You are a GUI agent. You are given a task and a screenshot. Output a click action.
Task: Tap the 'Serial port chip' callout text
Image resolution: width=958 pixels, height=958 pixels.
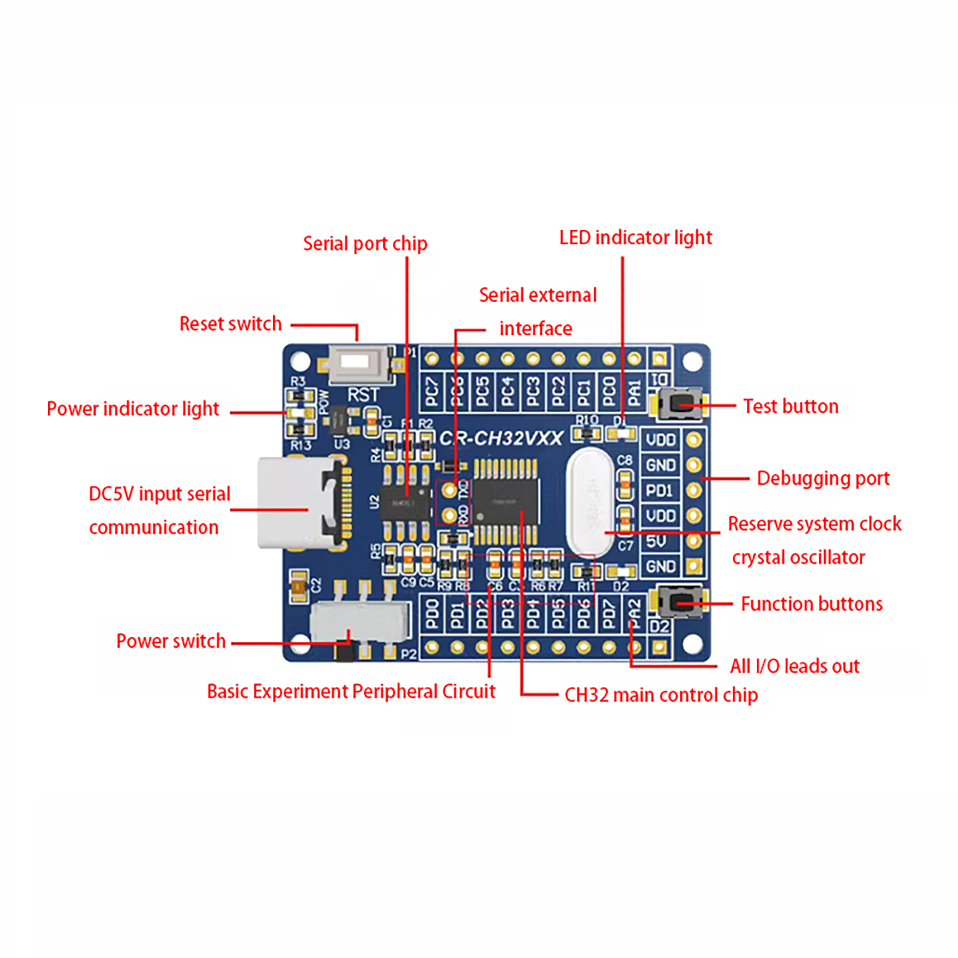pyautogui.click(x=365, y=244)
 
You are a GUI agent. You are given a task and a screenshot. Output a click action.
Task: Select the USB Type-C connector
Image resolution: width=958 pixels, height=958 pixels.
pyautogui.click(x=299, y=503)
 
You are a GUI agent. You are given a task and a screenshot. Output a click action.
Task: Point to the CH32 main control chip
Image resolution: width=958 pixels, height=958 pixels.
pyautogui.click(x=505, y=502)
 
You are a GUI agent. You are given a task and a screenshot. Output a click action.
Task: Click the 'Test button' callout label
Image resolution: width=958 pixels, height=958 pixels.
pyautogui.click(x=790, y=407)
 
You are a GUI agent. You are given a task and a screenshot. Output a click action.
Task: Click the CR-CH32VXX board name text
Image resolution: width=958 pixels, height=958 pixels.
pyautogui.click(x=501, y=438)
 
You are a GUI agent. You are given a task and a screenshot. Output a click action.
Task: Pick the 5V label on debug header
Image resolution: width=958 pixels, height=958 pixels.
pyautogui.click(x=657, y=541)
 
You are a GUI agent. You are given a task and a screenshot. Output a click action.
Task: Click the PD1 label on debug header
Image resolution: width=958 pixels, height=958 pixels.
pyautogui.click(x=659, y=490)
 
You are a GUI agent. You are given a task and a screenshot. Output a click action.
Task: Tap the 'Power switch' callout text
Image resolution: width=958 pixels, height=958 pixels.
pyautogui.click(x=171, y=641)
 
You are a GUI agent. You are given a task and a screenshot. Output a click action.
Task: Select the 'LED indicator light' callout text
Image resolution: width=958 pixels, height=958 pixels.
pyautogui.click(x=635, y=238)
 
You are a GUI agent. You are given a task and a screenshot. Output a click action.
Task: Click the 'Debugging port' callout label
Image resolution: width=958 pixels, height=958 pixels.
pyautogui.click(x=823, y=478)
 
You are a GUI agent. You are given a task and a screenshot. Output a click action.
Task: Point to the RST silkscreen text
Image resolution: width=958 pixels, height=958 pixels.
pyautogui.click(x=363, y=395)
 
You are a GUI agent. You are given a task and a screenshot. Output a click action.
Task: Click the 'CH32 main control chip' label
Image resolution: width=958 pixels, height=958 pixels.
pyautogui.click(x=660, y=695)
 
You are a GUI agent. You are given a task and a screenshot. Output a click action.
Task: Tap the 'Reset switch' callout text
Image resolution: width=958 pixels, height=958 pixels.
pyautogui.click(x=231, y=324)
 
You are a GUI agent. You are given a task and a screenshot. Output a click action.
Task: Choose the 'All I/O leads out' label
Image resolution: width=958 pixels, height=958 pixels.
pyautogui.click(x=794, y=666)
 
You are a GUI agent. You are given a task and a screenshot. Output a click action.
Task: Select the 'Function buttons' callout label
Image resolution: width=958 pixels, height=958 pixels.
pyautogui.click(x=811, y=604)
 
